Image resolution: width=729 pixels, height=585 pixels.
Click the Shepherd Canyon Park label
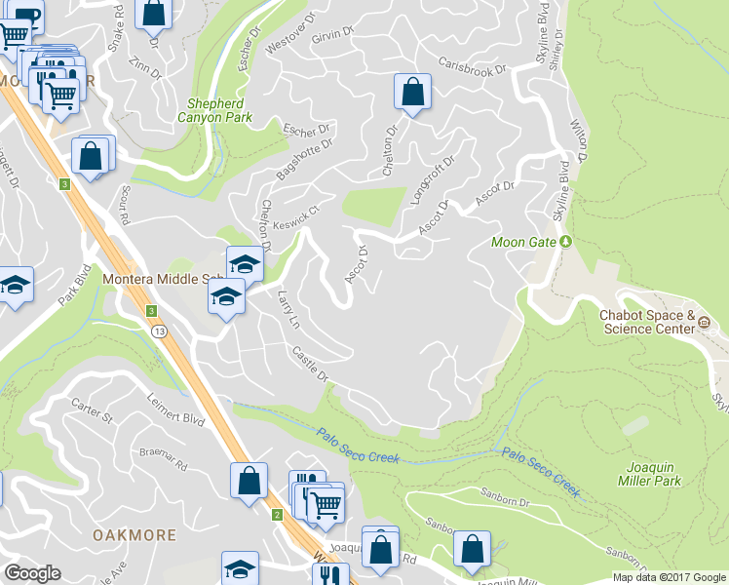click(219, 109)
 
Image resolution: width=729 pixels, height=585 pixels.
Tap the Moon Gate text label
click(522, 242)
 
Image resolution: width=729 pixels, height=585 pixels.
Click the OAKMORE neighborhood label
click(134, 535)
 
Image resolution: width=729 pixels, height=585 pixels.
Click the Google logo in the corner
click(32, 573)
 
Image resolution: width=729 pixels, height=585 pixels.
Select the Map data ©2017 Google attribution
click(668, 577)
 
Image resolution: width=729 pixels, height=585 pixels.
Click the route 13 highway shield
click(158, 332)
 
